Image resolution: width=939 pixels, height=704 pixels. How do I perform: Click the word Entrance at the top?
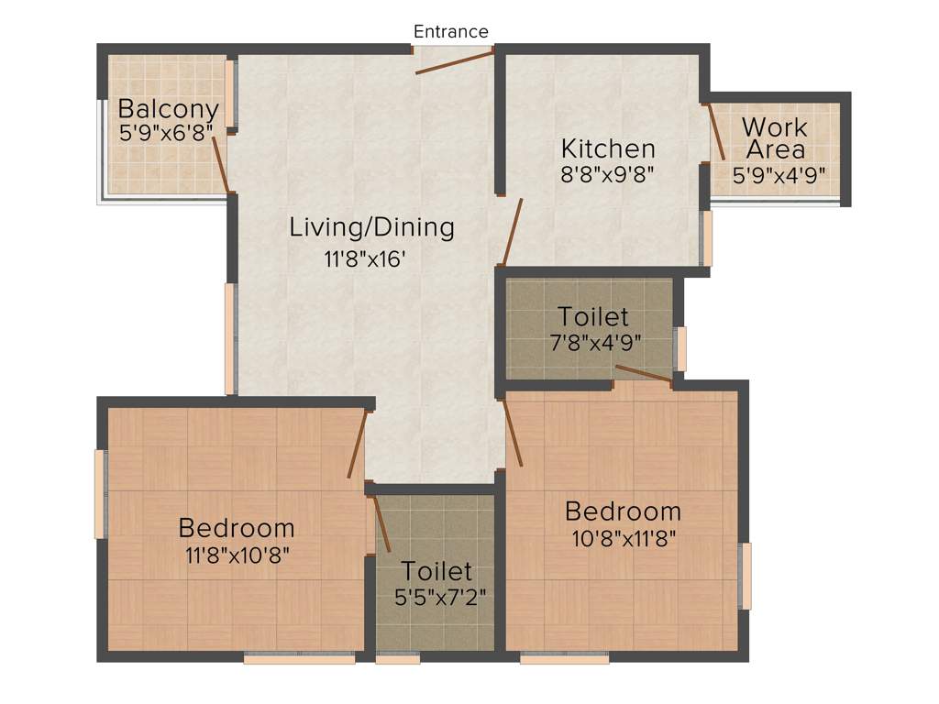tap(450, 31)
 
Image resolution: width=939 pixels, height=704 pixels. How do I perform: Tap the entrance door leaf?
tap(455, 63)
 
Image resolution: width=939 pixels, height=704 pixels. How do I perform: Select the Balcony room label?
tap(168, 108)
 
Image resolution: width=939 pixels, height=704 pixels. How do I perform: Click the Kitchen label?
tap(608, 148)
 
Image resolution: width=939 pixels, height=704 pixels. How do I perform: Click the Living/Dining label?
tap(371, 225)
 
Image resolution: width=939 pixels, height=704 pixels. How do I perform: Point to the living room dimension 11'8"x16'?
tap(365, 259)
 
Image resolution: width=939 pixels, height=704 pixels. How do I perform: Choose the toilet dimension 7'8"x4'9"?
tap(594, 341)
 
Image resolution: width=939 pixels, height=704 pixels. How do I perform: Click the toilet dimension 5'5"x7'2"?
tap(436, 595)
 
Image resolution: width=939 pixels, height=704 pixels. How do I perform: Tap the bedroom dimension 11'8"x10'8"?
tap(238, 554)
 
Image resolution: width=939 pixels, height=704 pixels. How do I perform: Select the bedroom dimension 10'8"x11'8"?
tap(623, 536)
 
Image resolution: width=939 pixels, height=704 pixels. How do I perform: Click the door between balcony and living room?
tap(221, 164)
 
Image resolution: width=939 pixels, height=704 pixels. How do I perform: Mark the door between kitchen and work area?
tap(716, 133)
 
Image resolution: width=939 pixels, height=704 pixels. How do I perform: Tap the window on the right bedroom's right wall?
tap(746, 575)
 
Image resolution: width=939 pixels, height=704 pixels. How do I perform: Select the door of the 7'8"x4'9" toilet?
tap(644, 372)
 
